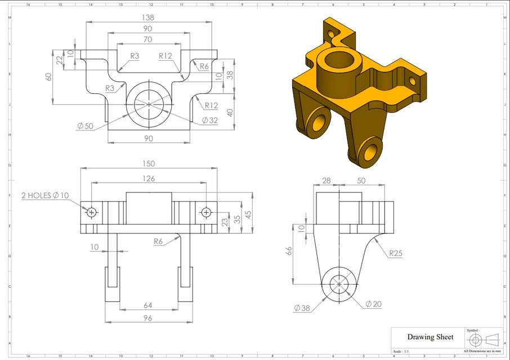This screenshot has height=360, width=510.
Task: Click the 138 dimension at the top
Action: (x=148, y=17)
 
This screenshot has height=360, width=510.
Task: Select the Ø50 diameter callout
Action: (x=85, y=126)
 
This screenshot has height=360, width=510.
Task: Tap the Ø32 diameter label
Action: (x=209, y=120)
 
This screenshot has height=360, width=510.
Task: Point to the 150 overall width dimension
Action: (x=148, y=164)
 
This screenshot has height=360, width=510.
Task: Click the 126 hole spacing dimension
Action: (x=148, y=178)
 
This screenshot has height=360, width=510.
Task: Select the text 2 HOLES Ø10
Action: (x=45, y=196)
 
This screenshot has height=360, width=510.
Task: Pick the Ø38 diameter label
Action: (x=301, y=308)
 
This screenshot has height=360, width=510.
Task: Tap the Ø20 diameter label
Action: (x=373, y=304)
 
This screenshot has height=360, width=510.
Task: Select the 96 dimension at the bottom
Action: (x=147, y=318)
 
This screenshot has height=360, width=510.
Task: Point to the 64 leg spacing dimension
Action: (x=148, y=305)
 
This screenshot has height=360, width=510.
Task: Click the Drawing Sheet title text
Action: (x=430, y=337)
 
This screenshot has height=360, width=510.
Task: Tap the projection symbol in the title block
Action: (x=484, y=340)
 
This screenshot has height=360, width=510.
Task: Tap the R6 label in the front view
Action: (x=159, y=241)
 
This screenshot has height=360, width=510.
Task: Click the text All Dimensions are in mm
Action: (x=482, y=351)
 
